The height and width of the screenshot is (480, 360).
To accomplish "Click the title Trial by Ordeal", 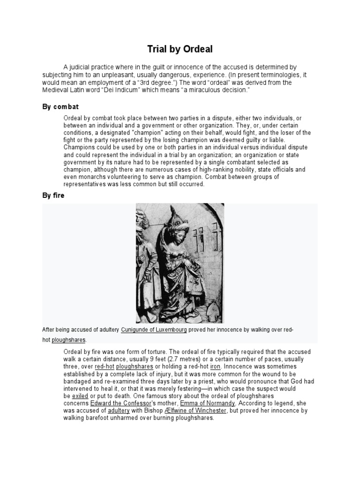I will [x=180, y=50].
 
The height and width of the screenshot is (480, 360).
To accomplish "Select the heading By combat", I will [x=60, y=107].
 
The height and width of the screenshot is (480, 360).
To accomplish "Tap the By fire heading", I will [x=53, y=195].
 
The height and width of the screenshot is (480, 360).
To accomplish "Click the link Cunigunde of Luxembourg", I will [x=154, y=330].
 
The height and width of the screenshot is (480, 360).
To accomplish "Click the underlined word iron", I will [x=216, y=367].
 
